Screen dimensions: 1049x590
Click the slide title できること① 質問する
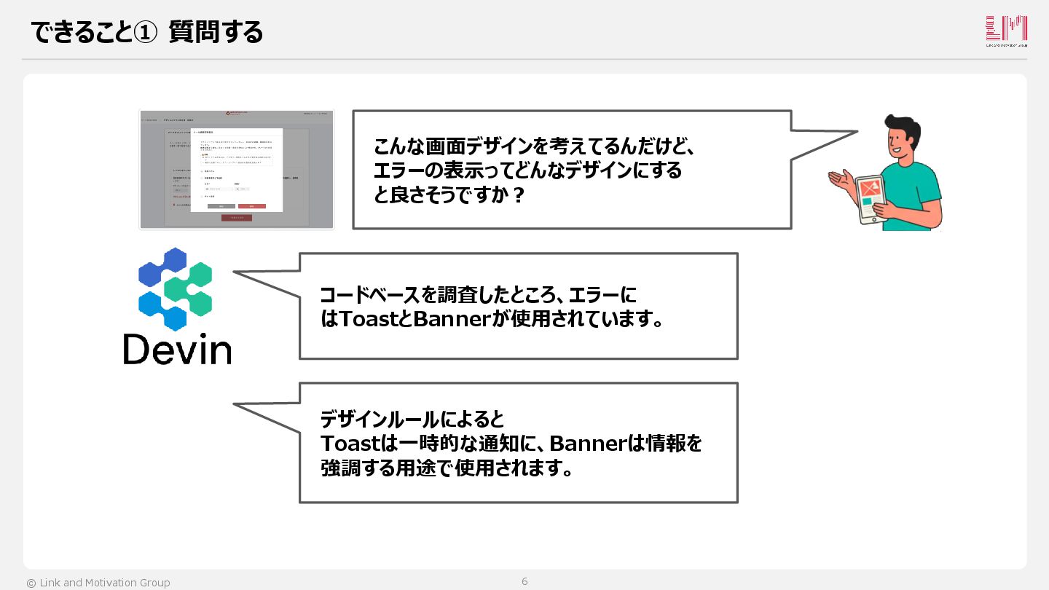coord(146,33)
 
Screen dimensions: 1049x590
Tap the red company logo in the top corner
coord(1006,31)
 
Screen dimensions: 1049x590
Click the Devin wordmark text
coord(177,349)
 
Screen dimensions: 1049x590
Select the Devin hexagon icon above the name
coord(176,288)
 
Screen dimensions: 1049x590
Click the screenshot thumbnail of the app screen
coord(237,170)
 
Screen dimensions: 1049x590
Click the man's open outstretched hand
coord(838,178)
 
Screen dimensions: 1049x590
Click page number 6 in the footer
coord(524,581)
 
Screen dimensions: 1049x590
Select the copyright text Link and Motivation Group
coord(98,583)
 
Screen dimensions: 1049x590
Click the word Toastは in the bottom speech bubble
coord(358,443)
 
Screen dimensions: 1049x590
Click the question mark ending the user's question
coord(519,196)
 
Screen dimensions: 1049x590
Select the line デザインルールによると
coord(412,420)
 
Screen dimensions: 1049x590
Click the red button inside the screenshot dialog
coord(251,206)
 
